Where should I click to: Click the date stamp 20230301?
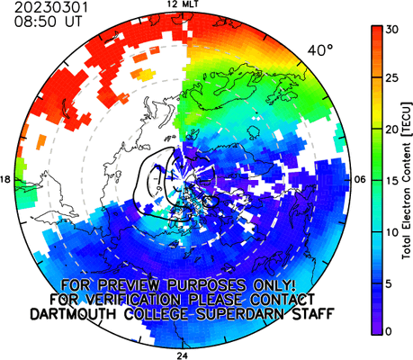coord(51,7)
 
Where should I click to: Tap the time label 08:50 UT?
coord(48,22)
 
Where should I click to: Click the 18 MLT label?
coord(5,180)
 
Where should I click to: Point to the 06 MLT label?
coord(361,180)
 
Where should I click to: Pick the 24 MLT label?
coord(182,355)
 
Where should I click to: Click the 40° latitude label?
coord(320,50)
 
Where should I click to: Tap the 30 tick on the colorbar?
coord(392,30)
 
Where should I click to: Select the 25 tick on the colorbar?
coord(392,78)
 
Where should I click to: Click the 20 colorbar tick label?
coord(392,130)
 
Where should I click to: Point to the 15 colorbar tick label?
coord(392,181)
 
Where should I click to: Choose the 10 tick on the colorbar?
coord(392,232)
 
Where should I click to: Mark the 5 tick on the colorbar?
coord(389,283)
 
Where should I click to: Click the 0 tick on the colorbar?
coord(389,331)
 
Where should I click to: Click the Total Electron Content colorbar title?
coord(407,181)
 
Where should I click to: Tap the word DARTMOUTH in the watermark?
coord(73,314)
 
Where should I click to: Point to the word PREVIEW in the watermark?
coord(131,284)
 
